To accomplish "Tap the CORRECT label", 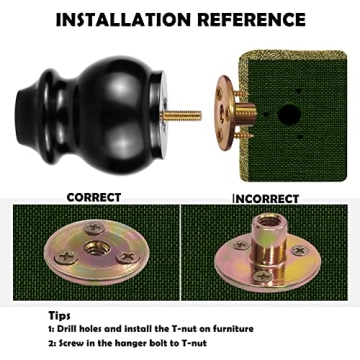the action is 94,197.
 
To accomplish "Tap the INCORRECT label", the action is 265,199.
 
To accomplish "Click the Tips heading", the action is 59,315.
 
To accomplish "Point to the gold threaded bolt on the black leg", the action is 181,116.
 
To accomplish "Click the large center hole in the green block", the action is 289,115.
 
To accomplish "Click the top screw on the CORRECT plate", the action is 94,228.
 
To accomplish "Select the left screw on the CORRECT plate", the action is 66,257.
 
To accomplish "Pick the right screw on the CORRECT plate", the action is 128,257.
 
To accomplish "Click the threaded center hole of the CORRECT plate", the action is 94,248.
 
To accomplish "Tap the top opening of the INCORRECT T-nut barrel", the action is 269,220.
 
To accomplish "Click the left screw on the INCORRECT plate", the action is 241,245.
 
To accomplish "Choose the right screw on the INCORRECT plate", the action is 299,250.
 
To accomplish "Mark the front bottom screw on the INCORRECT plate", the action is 263,275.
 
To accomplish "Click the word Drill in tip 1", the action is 68,329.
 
